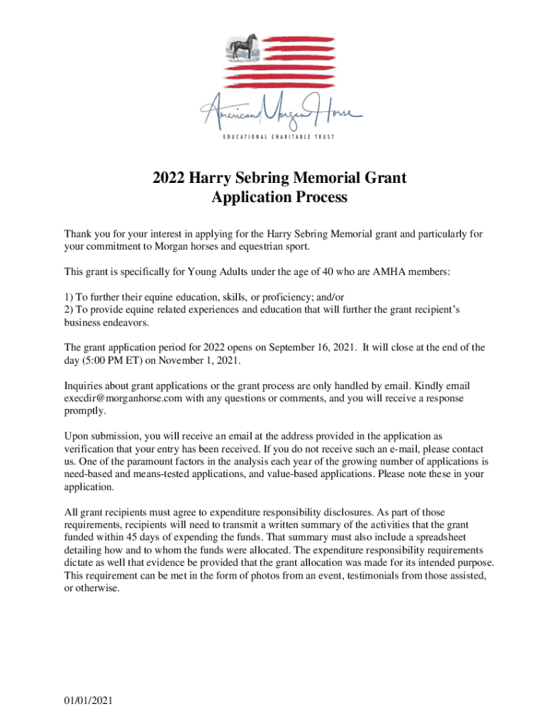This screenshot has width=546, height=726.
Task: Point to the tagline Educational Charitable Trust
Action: click(x=281, y=137)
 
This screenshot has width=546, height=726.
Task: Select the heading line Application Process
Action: click(x=279, y=198)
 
